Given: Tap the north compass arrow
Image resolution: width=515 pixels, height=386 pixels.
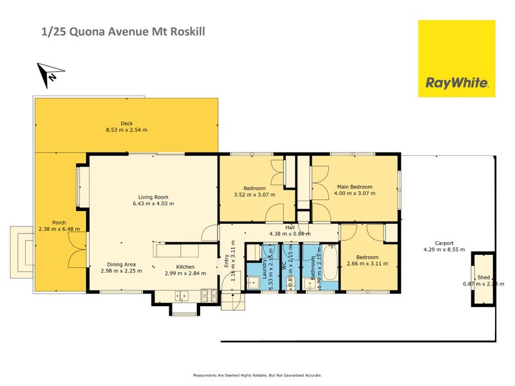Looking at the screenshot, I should [48, 74].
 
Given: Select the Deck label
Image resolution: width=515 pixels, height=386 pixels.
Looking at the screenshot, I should [126, 124].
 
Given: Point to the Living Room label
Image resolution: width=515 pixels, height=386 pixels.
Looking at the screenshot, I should [153, 198].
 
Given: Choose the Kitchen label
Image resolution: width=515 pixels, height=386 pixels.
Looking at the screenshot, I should [185, 267].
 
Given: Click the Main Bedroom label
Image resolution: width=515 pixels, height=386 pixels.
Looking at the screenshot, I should [355, 187].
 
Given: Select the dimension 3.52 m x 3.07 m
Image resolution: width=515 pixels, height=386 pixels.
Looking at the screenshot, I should [254, 194].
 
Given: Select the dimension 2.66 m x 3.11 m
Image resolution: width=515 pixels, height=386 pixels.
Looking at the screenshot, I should [368, 264].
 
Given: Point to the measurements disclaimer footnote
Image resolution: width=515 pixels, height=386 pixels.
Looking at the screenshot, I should [257, 375].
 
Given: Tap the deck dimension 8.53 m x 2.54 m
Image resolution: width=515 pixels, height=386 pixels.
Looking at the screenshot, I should [126, 130].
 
